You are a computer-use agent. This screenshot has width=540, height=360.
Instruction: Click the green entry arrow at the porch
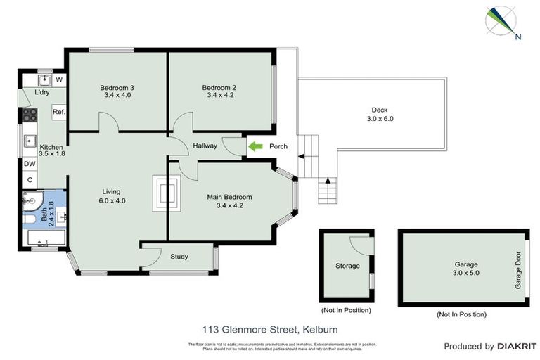pyautogui.click(x=255, y=146)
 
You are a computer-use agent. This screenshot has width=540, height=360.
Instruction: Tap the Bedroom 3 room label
pyautogui.click(x=117, y=88)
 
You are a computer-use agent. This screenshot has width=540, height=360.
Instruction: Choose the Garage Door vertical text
pyautogui.click(x=519, y=271)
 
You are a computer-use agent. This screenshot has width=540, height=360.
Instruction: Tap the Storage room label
pyautogui.click(x=347, y=266)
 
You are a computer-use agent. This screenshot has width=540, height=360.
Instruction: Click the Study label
pyautogui.click(x=179, y=257)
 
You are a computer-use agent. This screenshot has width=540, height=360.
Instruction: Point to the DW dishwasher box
pyautogui.click(x=30, y=165)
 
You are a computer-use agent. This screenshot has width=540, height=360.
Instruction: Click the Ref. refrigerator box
pyautogui.click(x=59, y=112)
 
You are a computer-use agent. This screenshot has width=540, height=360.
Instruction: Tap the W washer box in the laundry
pyautogui.click(x=59, y=79)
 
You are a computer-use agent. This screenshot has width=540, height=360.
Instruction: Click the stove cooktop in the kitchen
pyautogui.click(x=31, y=113)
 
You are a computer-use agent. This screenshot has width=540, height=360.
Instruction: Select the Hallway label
pyautogui.click(x=205, y=146)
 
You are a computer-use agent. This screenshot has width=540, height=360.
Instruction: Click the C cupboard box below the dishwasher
pyautogui.click(x=30, y=180)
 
